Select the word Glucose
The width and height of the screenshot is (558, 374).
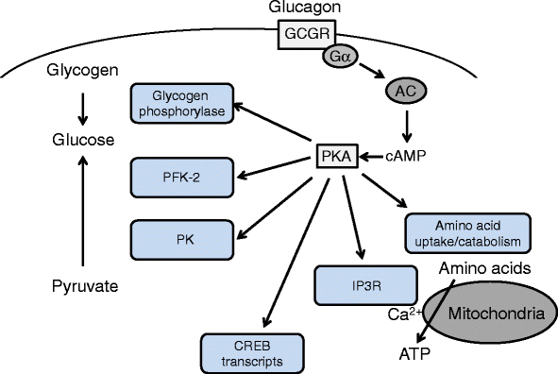point(83,140)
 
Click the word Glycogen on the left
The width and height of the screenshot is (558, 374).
point(84,72)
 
